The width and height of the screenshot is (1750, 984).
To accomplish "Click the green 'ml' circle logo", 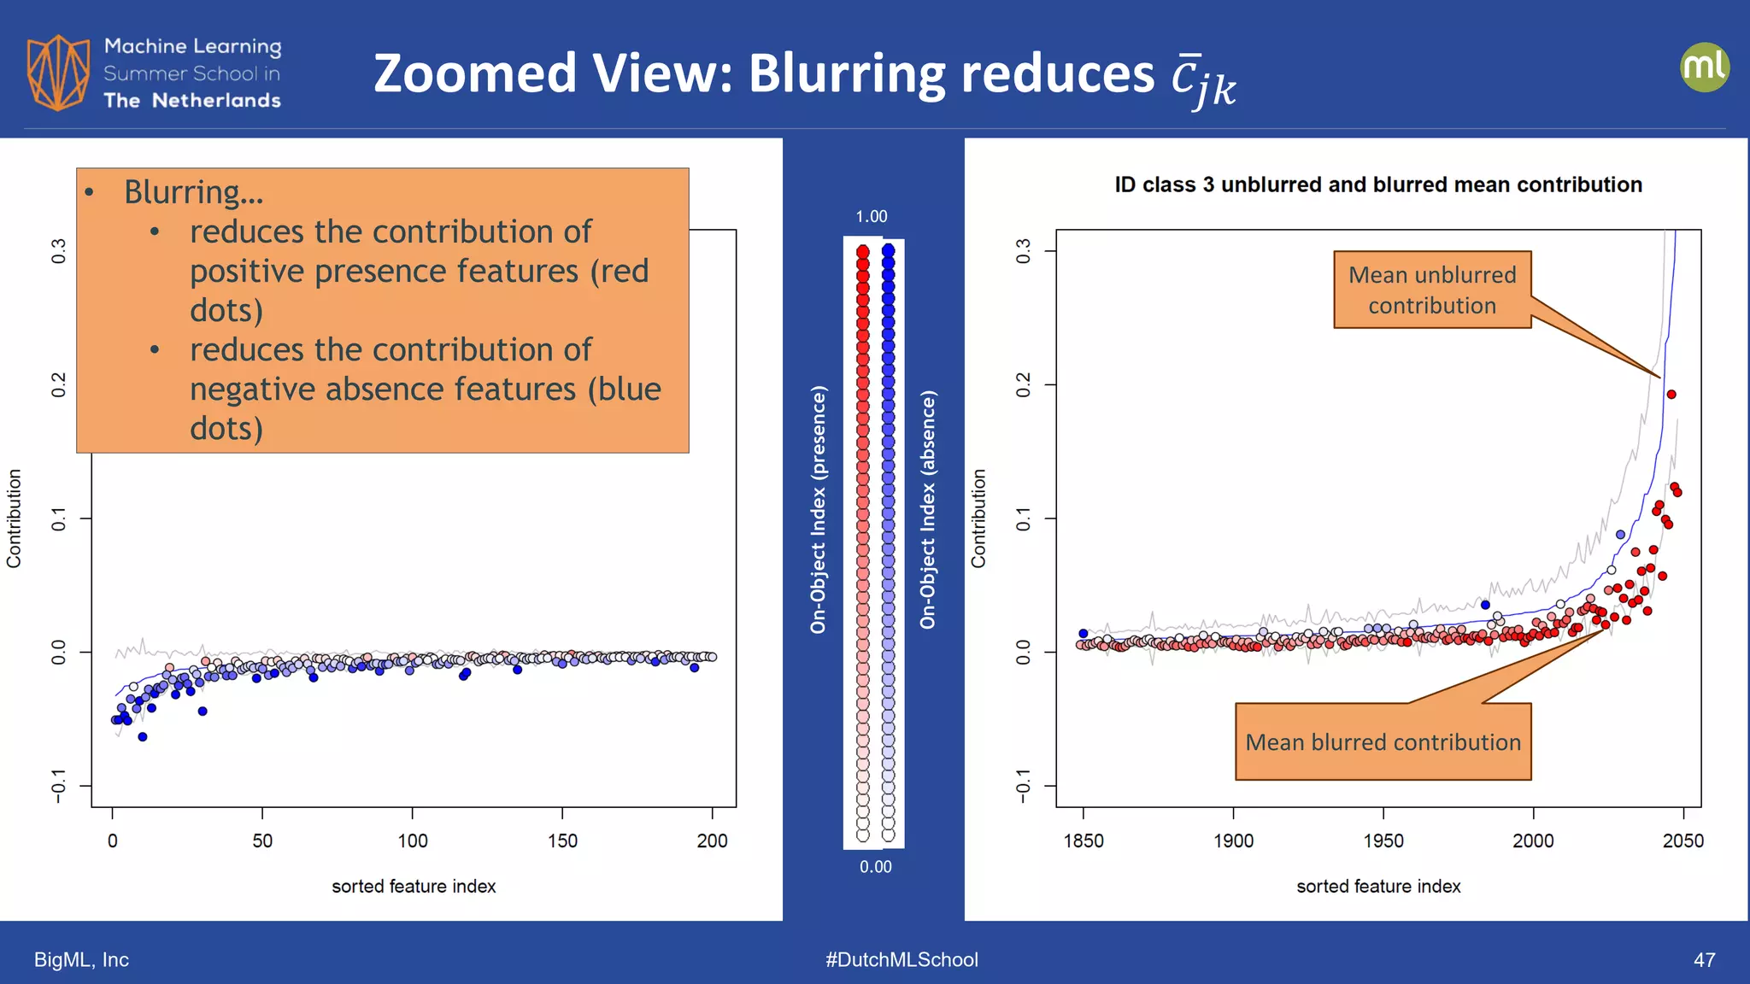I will (x=1704, y=67).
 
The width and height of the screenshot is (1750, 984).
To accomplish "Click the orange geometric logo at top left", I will (x=58, y=73).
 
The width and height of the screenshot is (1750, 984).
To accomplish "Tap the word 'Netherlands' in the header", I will (x=216, y=101).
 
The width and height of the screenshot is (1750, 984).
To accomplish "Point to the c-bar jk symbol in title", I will (x=1203, y=79).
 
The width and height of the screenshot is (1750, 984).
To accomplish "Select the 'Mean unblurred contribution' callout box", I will (x=1432, y=290).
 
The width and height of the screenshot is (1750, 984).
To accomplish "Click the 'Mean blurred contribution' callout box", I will (x=1383, y=741).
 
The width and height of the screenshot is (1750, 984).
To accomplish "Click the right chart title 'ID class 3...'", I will (x=1377, y=184).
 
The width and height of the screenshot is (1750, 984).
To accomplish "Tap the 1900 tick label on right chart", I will (x=1233, y=840).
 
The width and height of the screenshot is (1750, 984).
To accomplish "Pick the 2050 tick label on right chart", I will (x=1682, y=840).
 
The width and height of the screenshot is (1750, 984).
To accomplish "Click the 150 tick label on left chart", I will (x=562, y=840).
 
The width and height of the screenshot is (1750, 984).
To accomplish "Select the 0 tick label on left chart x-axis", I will (x=113, y=840).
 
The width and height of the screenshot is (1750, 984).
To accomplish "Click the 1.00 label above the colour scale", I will (x=872, y=217).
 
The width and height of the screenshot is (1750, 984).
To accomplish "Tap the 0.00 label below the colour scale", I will (x=875, y=867).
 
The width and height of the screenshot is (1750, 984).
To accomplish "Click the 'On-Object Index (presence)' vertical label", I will (x=818, y=509).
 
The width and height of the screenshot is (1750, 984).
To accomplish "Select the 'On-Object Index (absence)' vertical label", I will (x=927, y=509).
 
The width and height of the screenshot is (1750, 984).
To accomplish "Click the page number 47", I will (x=1704, y=960).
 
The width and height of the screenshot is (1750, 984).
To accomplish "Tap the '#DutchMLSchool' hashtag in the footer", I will (x=901, y=960).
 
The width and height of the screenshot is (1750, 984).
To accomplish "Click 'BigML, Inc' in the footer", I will (x=81, y=960).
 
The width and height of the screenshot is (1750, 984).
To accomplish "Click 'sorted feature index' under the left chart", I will (x=414, y=887).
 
